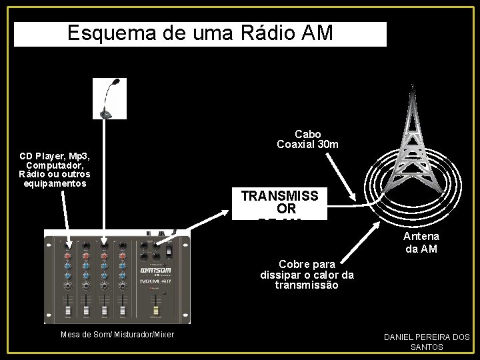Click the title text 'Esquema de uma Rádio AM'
pos(200,33)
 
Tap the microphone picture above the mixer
pos(109,99)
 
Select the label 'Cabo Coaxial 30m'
pos(307,139)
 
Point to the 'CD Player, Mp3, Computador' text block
pos(55,169)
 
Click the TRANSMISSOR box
pos(280,203)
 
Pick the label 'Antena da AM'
pos(421,243)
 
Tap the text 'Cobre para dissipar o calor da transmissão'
pos(307,275)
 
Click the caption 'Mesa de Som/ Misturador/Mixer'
pos(117,334)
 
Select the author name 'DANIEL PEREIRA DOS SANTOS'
pos(427,341)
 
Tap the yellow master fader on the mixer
pos(156,311)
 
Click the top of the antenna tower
pos(413,87)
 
